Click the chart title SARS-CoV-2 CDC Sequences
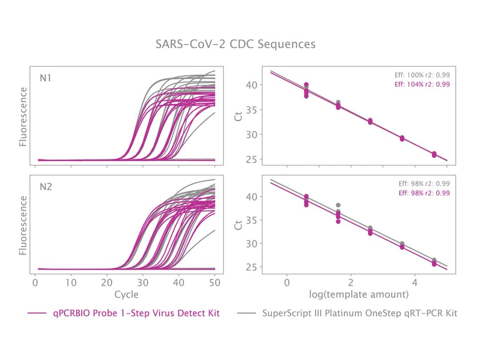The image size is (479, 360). coord(236,44)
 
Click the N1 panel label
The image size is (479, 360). coord(46,78)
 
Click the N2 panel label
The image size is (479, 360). coord(46,186)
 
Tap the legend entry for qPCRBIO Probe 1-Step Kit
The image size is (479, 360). coord(136,313)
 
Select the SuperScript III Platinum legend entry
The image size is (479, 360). coord(359,313)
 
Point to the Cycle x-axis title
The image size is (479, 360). coord(126,294)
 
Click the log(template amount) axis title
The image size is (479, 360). coord(358,294)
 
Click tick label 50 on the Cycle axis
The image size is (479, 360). coord(215,283)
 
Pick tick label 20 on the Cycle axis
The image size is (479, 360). coord(107,283)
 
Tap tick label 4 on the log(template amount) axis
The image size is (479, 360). coord(415,283)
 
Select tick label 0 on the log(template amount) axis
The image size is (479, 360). coord(287,283)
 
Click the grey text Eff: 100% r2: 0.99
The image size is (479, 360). coord(422,75)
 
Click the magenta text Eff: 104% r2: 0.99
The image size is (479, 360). coord(422,84)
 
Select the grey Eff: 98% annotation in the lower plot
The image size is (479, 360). coord(424,184)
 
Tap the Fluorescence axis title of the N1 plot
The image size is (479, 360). coord(23,117)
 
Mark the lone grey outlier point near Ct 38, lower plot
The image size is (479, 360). coord(338,206)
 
